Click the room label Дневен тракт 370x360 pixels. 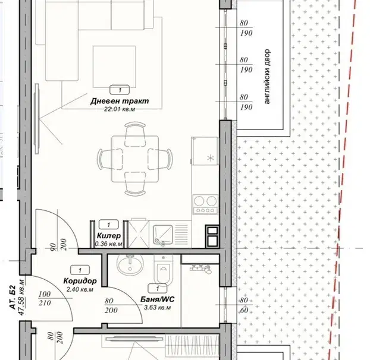tap(120, 101)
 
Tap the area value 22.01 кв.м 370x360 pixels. tap(120, 109)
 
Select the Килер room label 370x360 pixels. tap(109, 235)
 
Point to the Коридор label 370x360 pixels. tap(80, 281)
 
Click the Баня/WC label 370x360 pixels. tap(158, 299)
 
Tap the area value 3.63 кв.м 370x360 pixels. tap(158, 307)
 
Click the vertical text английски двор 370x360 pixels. tap(267, 76)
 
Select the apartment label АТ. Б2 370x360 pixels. tap(12, 298)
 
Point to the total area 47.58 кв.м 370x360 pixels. tap(21, 298)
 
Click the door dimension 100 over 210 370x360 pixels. tap(45, 298)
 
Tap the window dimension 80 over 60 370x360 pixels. tap(244, 305)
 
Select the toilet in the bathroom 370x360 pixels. tap(164, 270)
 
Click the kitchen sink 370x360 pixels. tap(163, 234)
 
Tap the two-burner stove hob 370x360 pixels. tap(205, 204)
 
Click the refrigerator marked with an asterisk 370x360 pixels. tap(205, 151)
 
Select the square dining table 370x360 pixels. tap(135, 159)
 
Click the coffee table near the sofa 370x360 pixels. tap(114, 67)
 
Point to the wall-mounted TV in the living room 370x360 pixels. tap(37, 118)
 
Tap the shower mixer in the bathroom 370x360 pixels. tap(200, 268)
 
